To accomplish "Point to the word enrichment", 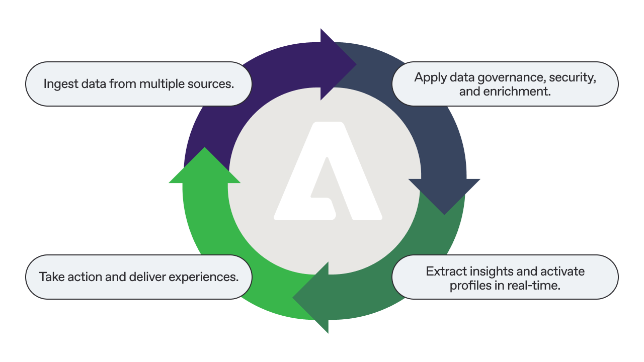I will click(514, 92).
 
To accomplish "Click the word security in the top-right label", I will click(573, 77).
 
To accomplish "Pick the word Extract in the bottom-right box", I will click(444, 271).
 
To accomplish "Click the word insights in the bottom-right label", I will click(489, 271).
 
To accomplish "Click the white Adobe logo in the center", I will click(328, 173).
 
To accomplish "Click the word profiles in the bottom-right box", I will click(468, 286).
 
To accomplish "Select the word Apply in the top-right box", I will click(429, 77).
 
